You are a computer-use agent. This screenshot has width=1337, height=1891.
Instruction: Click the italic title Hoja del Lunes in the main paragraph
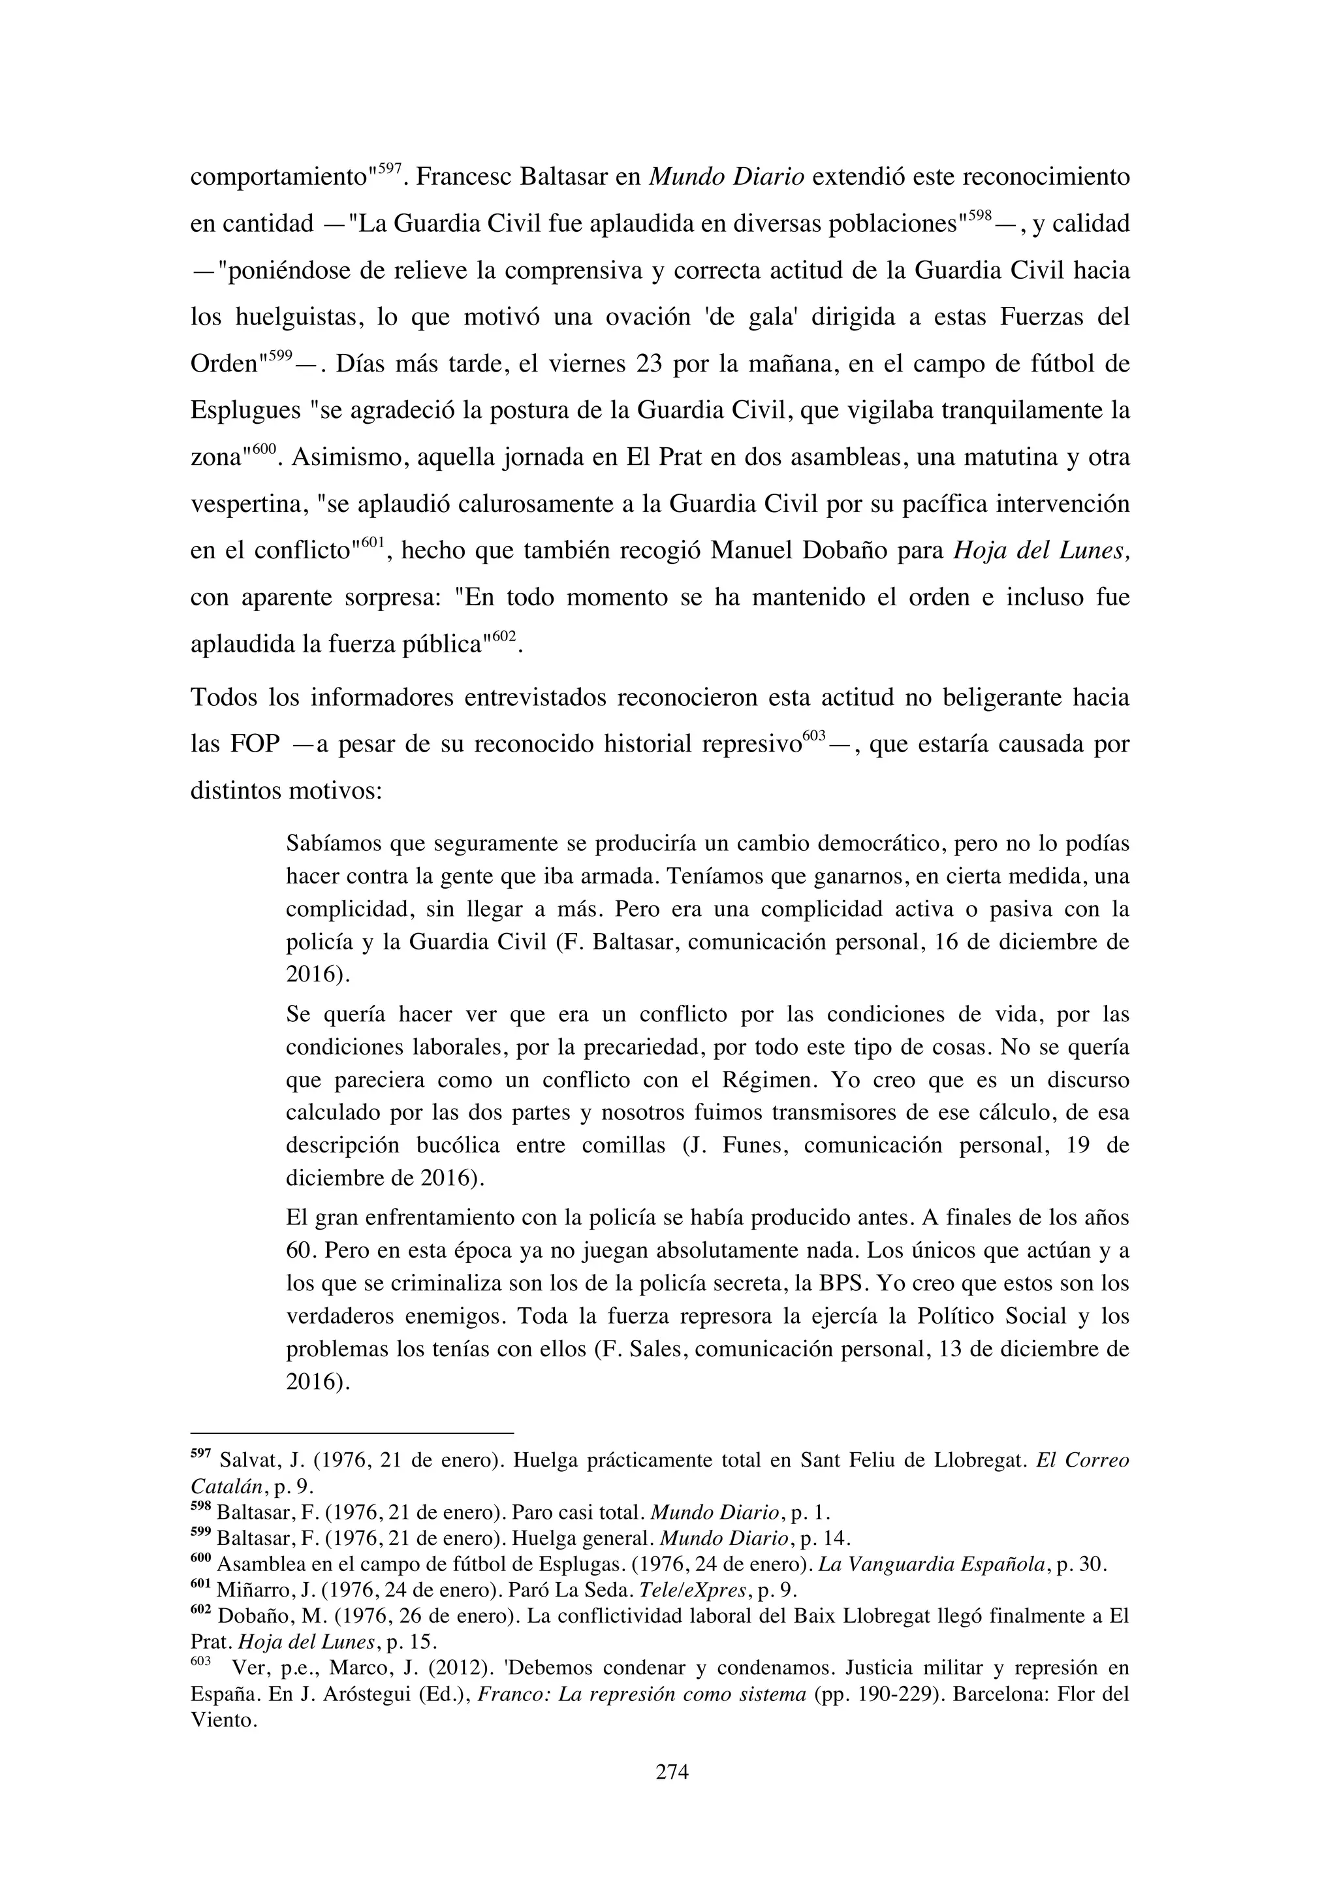pos(1041,550)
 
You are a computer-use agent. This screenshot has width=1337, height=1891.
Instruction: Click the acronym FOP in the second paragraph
pos(255,744)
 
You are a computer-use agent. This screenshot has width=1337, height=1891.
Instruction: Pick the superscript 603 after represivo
pos(813,735)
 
